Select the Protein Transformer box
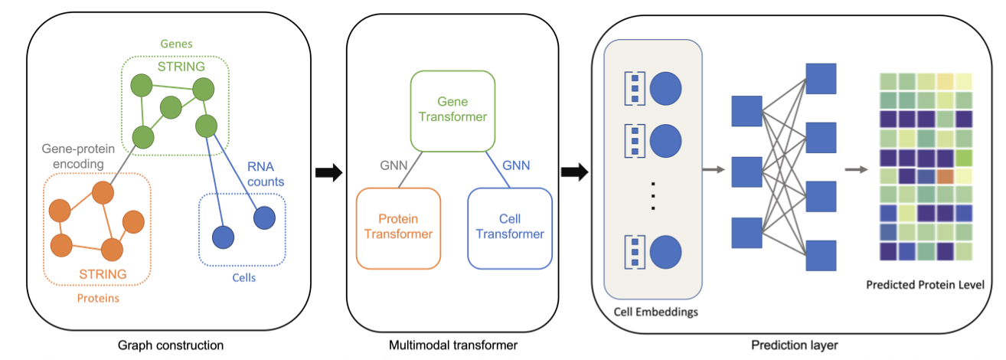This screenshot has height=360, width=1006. click(x=397, y=227)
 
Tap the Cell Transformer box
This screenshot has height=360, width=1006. click(x=510, y=227)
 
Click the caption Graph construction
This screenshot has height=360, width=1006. click(x=170, y=345)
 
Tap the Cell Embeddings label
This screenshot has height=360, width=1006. click(x=656, y=312)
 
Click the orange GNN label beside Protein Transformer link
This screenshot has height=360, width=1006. click(x=397, y=165)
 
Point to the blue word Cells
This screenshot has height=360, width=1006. click(x=243, y=277)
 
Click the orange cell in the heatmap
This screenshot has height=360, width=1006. click(x=945, y=175)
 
